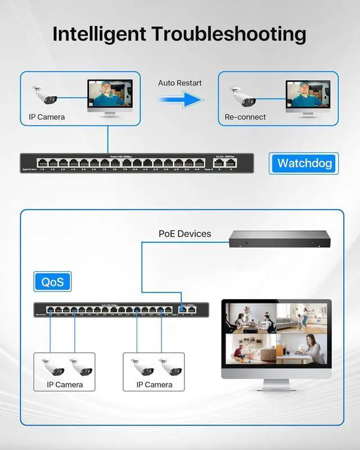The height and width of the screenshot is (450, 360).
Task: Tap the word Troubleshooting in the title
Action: tap(230, 34)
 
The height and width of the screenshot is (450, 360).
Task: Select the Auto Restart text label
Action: tap(179, 83)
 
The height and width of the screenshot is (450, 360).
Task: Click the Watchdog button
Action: tap(304, 164)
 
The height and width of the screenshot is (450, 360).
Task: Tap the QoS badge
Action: tap(52, 281)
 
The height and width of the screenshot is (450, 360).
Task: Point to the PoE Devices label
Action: tap(184, 233)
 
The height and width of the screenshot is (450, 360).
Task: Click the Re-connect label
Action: tap(245, 117)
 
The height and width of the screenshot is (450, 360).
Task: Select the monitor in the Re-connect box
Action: tap(308, 97)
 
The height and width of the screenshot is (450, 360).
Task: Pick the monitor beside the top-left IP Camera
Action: tap(110, 97)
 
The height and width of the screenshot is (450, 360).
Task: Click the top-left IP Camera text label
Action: tap(47, 117)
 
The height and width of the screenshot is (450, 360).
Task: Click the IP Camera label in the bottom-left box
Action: tap(65, 385)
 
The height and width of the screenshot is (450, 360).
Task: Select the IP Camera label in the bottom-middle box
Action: tap(155, 385)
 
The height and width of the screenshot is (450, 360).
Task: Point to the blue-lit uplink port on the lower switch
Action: tap(183, 309)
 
